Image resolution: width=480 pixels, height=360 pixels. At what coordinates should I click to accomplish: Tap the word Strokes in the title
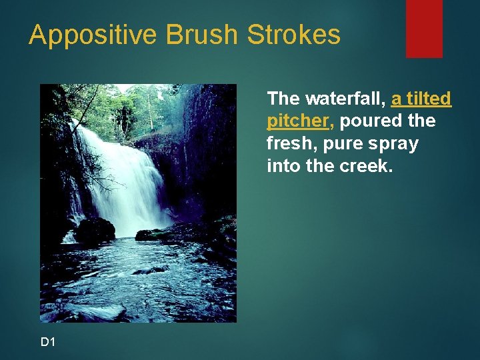(x=294, y=35)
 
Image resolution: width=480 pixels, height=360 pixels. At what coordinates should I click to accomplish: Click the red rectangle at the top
(x=424, y=28)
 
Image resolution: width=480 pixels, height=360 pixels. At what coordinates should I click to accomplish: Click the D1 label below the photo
(x=48, y=342)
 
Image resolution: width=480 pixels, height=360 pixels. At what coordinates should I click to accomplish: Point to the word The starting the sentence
(x=283, y=99)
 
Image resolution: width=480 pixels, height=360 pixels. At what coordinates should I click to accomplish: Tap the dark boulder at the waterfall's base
(x=95, y=230)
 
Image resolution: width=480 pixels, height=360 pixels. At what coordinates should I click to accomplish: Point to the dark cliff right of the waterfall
(x=207, y=153)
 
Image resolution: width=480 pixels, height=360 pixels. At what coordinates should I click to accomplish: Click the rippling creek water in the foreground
(x=140, y=280)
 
